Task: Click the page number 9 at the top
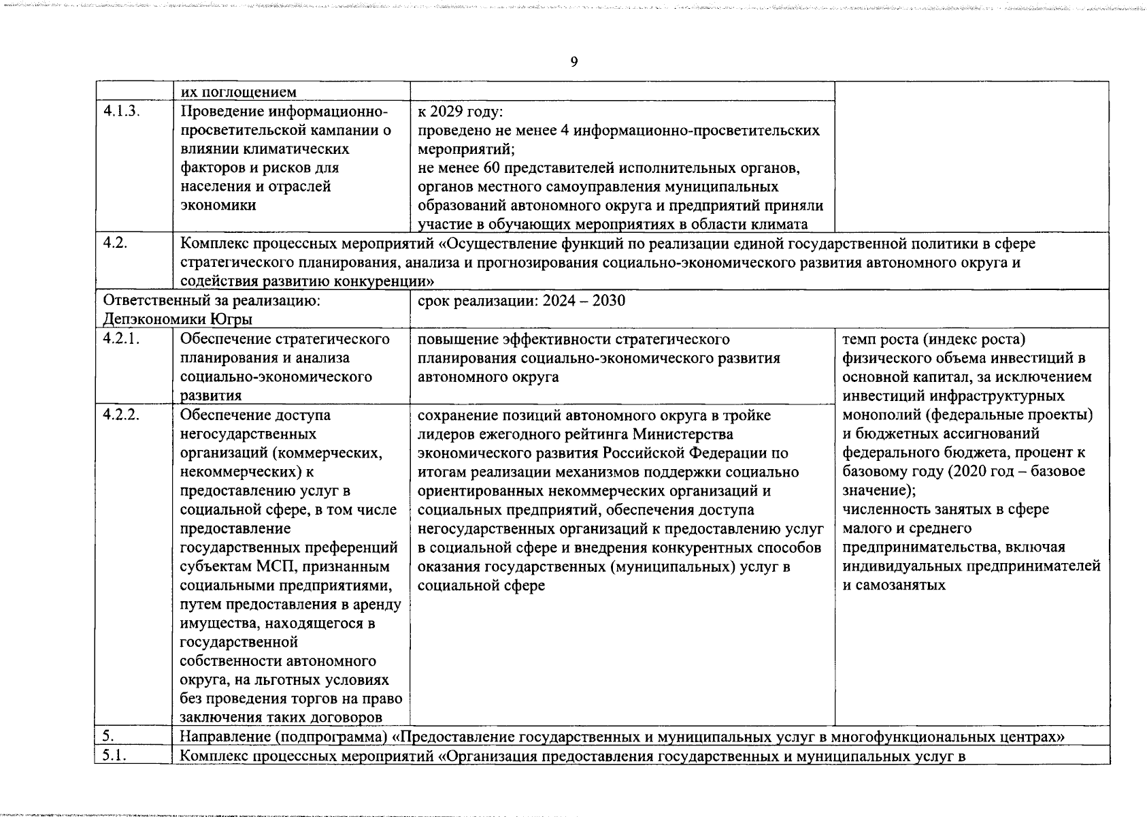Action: pos(573,63)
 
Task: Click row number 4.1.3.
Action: pos(122,111)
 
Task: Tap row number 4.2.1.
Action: pos(122,339)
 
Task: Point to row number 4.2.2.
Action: pos(122,415)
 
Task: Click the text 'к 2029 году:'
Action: pos(460,111)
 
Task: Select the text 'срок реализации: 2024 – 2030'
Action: pos(521,301)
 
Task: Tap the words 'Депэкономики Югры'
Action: pos(178,319)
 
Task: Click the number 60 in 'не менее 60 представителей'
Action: pos(487,167)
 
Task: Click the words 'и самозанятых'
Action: pos(894,585)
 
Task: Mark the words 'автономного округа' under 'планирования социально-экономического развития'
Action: pos(488,377)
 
